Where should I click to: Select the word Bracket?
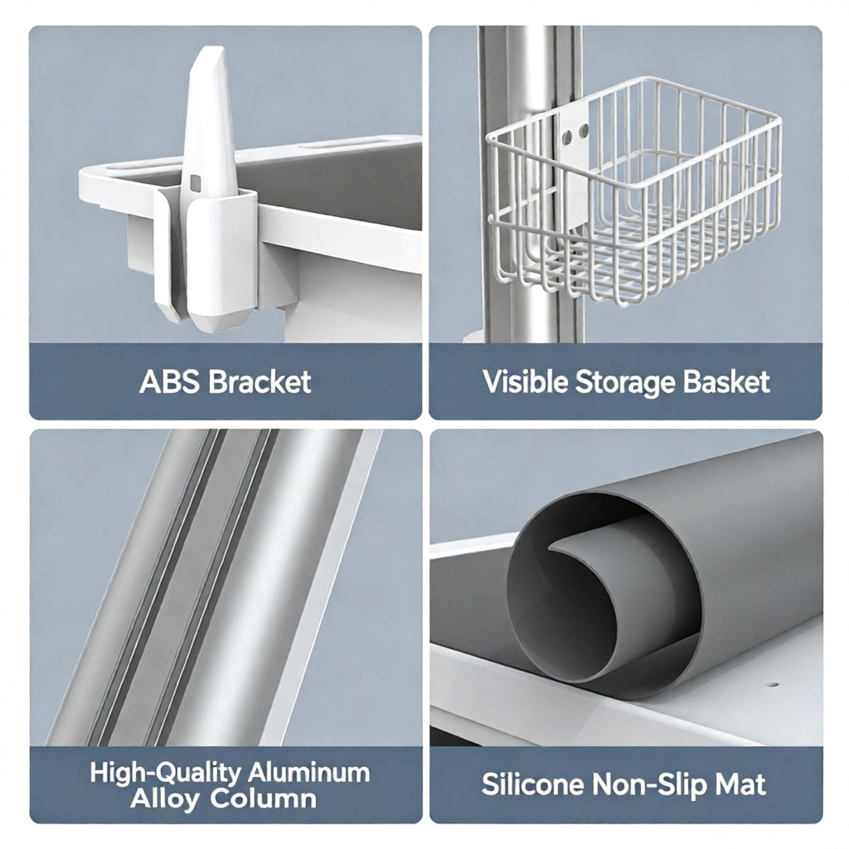tap(260, 382)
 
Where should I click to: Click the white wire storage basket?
tap(635, 193)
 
